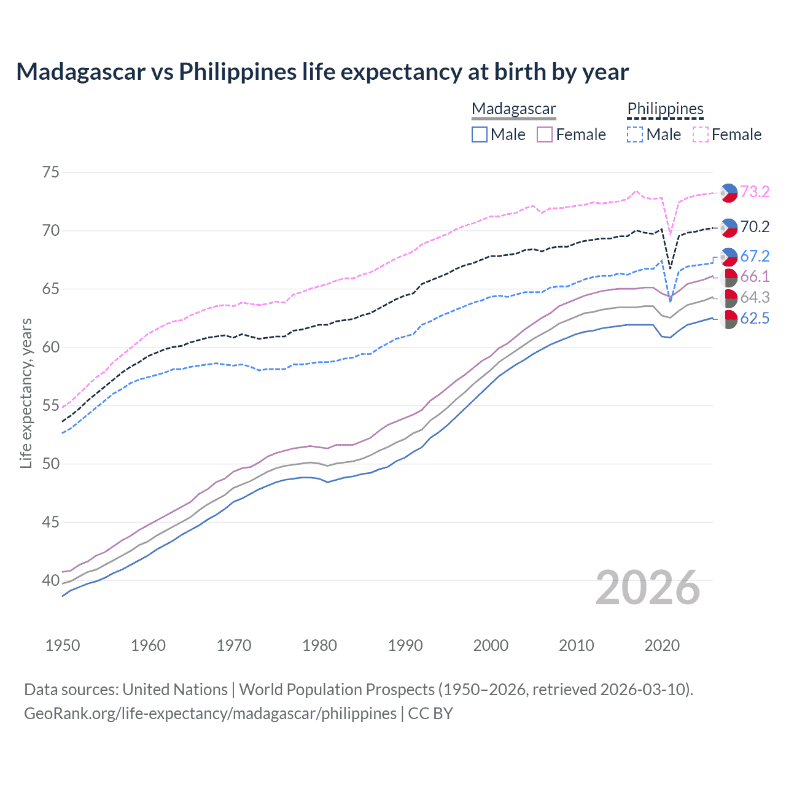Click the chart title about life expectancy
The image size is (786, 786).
coord(322,72)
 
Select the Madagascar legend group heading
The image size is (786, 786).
coord(513,109)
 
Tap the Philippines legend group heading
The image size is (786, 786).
coord(665,109)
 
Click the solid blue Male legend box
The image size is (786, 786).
coord(480,134)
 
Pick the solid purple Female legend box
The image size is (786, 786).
coord(545,134)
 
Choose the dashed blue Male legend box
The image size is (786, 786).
coord(635,134)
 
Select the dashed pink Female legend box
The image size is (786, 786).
coord(700,134)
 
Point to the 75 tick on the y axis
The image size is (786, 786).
coord(51,173)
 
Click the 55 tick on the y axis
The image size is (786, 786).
coord(51,406)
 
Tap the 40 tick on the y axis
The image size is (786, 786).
coord(51,580)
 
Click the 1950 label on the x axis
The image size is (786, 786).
coord(63,645)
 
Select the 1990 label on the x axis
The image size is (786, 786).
coord(405,645)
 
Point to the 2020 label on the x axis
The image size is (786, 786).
coord(662,645)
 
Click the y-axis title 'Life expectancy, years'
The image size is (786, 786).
coord(26,393)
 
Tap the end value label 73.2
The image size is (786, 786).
coord(755,192)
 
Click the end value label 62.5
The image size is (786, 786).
coord(755,319)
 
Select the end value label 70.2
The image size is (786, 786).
coord(755,227)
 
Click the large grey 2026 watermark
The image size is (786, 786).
coord(648,588)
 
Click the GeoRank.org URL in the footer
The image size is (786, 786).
coord(210,714)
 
